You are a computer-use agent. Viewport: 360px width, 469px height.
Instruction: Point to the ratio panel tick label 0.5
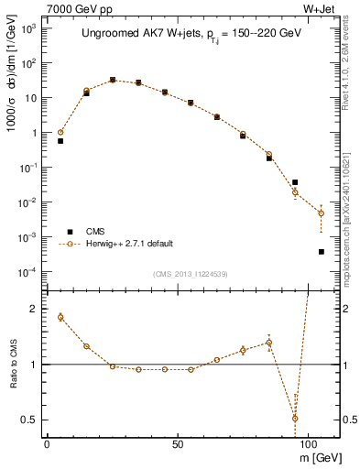(29, 420)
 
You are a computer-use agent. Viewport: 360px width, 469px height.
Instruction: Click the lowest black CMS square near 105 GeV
(322, 251)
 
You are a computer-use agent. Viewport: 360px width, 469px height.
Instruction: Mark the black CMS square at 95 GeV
(295, 182)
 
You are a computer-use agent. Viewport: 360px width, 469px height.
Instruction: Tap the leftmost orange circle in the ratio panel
(60, 317)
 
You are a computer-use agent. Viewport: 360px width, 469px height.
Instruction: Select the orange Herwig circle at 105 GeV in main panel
(322, 213)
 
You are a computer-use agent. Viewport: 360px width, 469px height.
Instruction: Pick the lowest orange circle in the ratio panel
(295, 418)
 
